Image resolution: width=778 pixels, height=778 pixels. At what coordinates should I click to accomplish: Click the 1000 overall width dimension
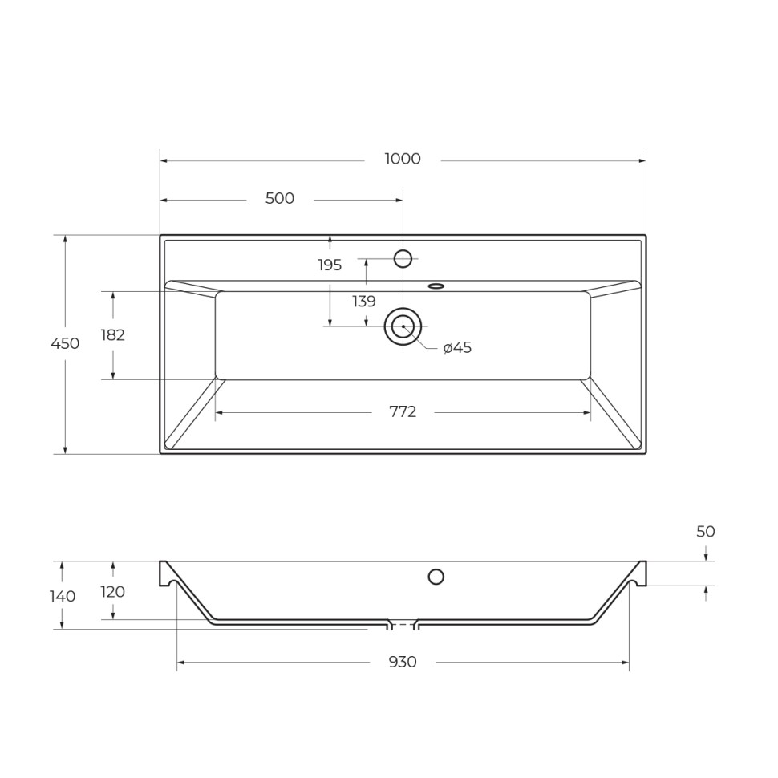(402, 159)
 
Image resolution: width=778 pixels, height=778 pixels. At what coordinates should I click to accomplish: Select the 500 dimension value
(280, 199)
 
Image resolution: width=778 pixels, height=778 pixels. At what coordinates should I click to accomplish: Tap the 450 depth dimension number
(65, 343)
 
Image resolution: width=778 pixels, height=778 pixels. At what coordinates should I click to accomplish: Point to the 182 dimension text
(113, 335)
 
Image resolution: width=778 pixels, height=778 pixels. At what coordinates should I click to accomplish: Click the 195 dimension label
(330, 265)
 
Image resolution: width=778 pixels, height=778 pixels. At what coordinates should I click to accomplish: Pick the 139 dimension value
(364, 302)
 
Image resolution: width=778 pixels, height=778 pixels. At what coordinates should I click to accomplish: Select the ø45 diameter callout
(457, 347)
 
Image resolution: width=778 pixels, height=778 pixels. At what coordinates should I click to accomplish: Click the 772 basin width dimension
(403, 412)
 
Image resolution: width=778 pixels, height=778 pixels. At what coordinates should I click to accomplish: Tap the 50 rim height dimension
(706, 532)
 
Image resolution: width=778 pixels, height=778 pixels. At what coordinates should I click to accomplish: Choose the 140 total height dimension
(63, 596)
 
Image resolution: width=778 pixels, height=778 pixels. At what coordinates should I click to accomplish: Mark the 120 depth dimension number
(113, 592)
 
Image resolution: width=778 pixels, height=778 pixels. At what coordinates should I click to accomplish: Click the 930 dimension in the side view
(403, 662)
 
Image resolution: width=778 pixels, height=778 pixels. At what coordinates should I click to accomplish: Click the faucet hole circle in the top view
(403, 258)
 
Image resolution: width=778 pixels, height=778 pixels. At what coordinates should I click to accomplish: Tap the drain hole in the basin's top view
(403, 326)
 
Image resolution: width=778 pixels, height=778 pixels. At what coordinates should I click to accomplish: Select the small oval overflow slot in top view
(436, 286)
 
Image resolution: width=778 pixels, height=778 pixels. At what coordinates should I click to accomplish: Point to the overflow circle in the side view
(436, 577)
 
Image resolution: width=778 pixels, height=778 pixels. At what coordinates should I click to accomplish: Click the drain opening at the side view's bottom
(403, 624)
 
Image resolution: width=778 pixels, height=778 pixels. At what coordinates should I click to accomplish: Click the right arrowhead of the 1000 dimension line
(642, 160)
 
